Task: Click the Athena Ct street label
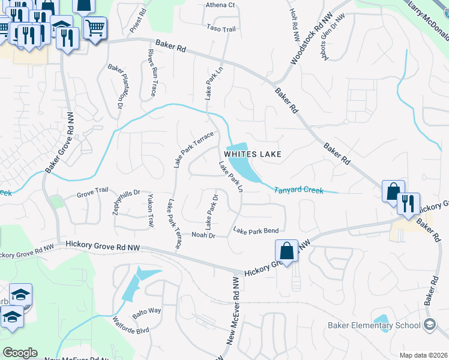pyautogui.click(x=220, y=5)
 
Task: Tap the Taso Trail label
pyautogui.click(x=221, y=28)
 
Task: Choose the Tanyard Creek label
pyautogui.click(x=298, y=190)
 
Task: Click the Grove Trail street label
pyautogui.click(x=92, y=194)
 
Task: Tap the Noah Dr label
pyautogui.click(x=202, y=235)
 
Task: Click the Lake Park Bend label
pyautogui.click(x=255, y=230)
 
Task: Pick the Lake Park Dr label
pyautogui.click(x=211, y=212)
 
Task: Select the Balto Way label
pyautogui.click(x=147, y=310)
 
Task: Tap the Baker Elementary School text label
pyautogui.click(x=373, y=326)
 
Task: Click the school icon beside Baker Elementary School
pyautogui.click(x=430, y=325)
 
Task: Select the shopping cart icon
pyautogui.click(x=95, y=28)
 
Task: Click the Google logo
pyautogui.click(x=20, y=353)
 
